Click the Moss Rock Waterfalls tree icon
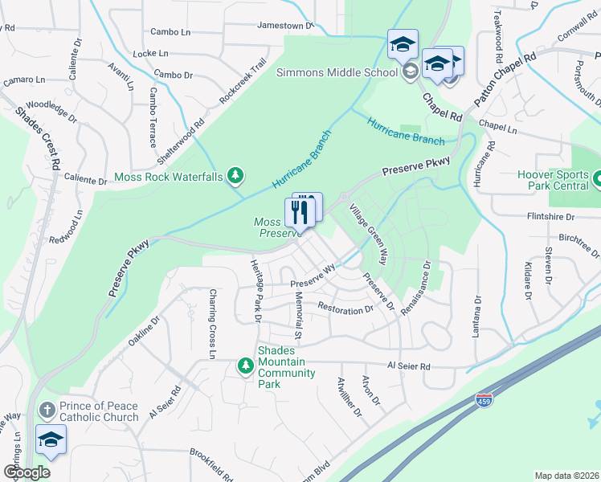[235, 174]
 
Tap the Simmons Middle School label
[337, 72]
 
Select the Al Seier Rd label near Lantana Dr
[409, 366]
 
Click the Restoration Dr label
[345, 308]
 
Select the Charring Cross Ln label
[213, 324]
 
